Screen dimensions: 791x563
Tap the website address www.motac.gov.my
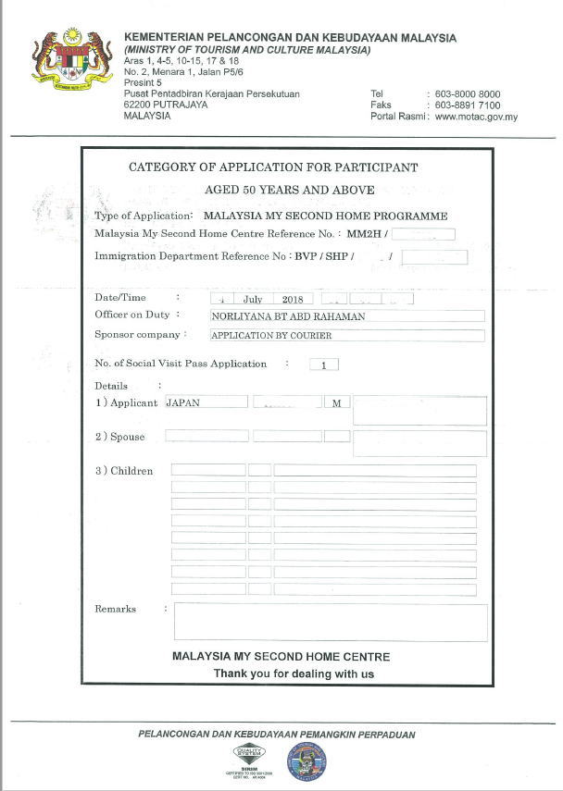(475, 117)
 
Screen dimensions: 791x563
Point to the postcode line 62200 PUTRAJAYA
(166, 105)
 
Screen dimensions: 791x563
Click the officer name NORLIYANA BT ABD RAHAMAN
(288, 316)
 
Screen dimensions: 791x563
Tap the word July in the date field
(253, 299)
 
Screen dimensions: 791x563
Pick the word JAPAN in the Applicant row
(183, 402)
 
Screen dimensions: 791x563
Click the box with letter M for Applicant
(337, 403)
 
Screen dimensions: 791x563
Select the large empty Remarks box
(331, 622)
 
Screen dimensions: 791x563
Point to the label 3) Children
(124, 471)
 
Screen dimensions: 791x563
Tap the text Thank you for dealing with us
(294, 674)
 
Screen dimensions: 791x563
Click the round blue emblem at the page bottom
(307, 760)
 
